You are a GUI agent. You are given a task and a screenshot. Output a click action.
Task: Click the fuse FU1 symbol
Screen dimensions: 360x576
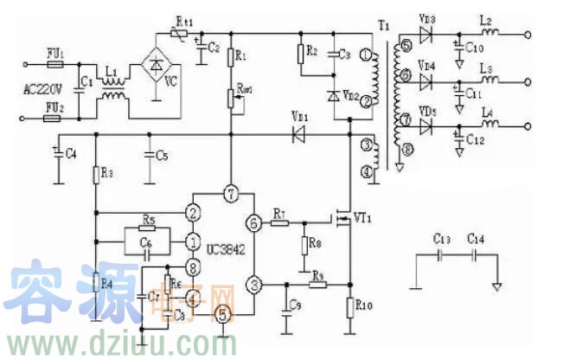(x=54, y=63)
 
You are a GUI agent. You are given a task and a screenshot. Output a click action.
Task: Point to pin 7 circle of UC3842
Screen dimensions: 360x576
(x=229, y=191)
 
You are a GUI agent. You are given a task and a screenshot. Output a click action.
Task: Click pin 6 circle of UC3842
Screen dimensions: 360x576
(x=253, y=223)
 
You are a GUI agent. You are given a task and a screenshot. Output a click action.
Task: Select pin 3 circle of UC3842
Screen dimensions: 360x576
(x=254, y=284)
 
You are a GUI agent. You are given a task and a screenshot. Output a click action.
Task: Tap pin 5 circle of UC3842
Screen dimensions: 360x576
(x=222, y=314)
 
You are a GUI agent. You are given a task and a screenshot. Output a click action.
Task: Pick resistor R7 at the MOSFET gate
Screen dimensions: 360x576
(x=279, y=223)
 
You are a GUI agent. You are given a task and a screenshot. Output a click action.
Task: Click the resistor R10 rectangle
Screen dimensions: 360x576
(x=350, y=307)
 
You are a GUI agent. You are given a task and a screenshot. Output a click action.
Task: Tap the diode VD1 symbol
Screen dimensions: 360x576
(x=298, y=134)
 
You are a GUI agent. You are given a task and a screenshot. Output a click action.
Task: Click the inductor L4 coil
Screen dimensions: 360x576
(x=490, y=126)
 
